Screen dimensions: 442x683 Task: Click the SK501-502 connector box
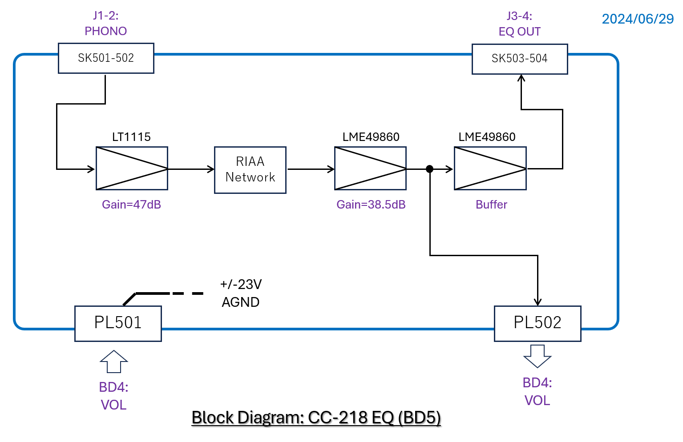coord(106,58)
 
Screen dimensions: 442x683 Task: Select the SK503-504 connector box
coord(519,59)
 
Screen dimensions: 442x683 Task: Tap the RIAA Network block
coord(250,170)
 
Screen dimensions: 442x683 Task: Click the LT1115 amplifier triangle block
coord(132,169)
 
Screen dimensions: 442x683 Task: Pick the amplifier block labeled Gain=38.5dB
coord(370,169)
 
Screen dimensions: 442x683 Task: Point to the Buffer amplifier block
coord(490,169)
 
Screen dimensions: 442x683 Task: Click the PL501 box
coord(118,323)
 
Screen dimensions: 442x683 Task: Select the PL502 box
coord(538,323)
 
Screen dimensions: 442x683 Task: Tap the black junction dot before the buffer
coord(429,169)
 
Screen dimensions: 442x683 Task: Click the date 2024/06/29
coord(638,19)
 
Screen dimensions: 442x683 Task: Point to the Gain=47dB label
coord(131,205)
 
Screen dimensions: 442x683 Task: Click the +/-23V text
coord(241,284)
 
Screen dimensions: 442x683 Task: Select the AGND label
coord(241,302)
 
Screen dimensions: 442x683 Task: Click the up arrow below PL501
coord(114,361)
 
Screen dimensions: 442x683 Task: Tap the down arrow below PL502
coord(538,356)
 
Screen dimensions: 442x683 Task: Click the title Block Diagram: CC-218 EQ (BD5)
coord(316,418)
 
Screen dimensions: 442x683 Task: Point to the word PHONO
coord(106,31)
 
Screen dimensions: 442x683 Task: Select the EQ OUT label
coord(519,32)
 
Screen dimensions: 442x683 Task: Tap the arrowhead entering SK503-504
coord(521,78)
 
